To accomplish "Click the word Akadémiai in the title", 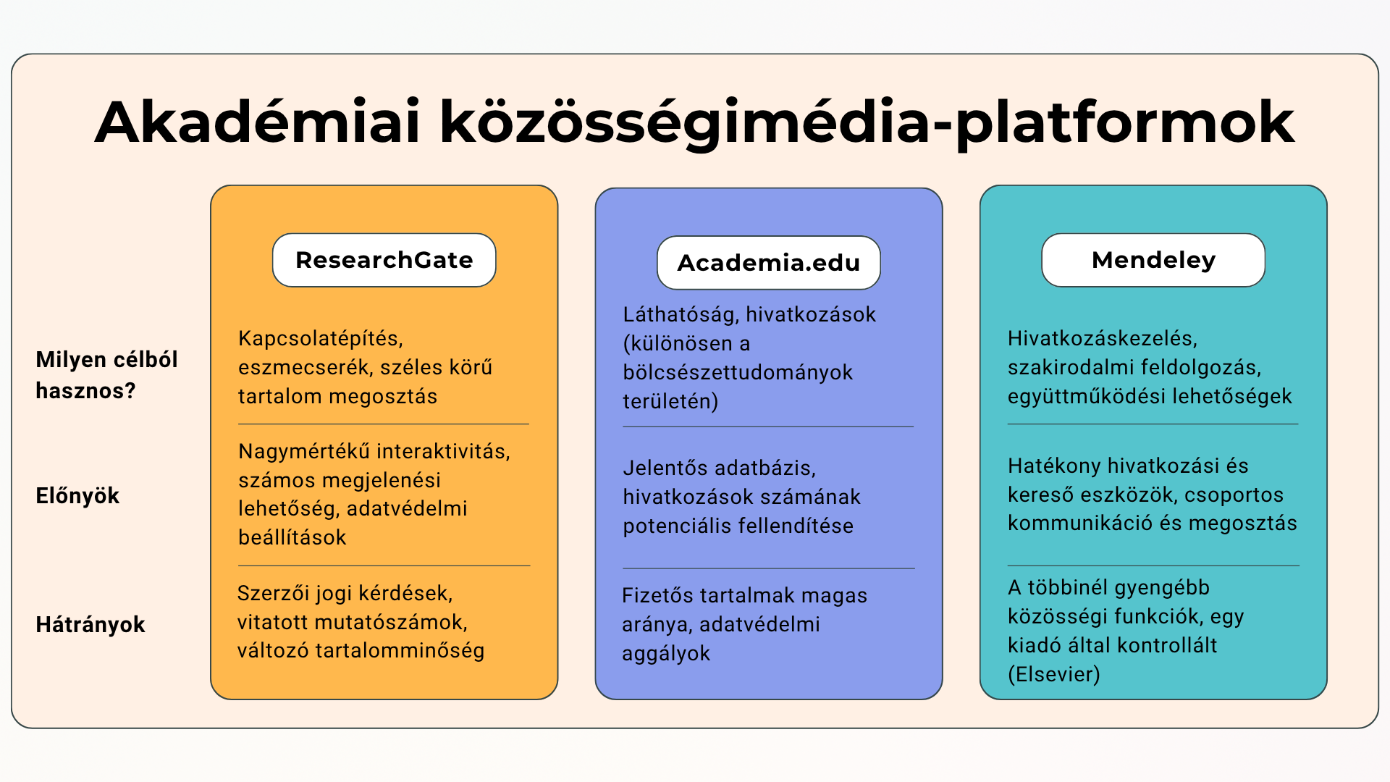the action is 258,122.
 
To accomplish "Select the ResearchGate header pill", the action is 384,260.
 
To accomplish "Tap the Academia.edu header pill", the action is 769,263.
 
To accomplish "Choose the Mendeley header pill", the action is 1153,260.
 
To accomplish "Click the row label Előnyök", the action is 77,496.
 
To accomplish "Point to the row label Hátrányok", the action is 90,625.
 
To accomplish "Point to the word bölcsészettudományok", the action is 738,373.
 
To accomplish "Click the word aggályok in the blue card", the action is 666,654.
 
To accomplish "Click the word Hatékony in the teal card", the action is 1054,466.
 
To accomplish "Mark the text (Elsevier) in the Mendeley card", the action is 1054,675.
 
